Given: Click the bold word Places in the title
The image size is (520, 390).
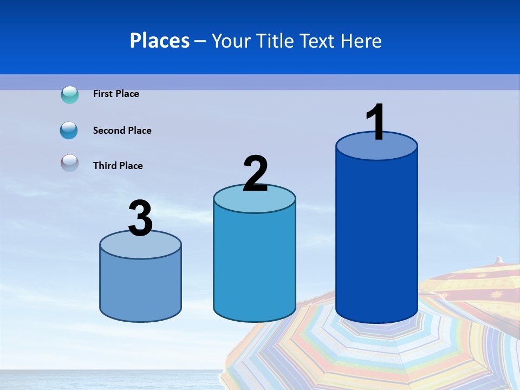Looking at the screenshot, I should (x=159, y=41).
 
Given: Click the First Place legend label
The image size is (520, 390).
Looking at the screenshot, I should (x=116, y=94).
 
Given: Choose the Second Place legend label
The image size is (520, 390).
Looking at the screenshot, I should (x=122, y=131).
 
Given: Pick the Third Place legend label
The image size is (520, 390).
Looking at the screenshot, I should (x=118, y=166).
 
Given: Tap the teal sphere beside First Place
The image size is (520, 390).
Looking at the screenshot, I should (x=70, y=95).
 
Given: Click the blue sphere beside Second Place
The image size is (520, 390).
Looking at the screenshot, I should (x=69, y=131).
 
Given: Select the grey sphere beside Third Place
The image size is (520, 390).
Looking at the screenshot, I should (x=69, y=163).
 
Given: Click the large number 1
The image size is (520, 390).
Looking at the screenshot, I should (x=376, y=122).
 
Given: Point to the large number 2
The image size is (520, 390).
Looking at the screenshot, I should (x=255, y=173).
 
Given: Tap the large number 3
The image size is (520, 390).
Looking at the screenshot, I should (x=140, y=219).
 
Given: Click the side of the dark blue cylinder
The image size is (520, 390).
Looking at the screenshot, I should (x=376, y=238).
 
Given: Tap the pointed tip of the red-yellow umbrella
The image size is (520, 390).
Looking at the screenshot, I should (x=499, y=259).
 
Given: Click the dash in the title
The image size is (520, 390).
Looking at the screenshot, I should (x=200, y=41).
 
